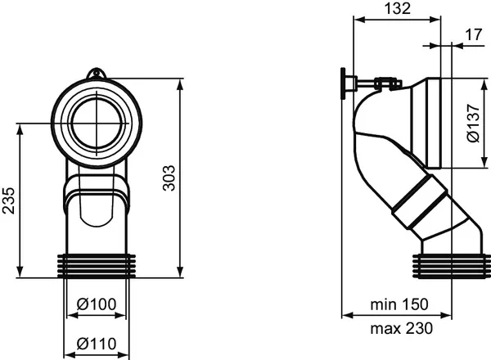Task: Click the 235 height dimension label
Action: coord(8,200)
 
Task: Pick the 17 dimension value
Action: coord(471,34)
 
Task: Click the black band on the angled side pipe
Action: coord(423,206)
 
